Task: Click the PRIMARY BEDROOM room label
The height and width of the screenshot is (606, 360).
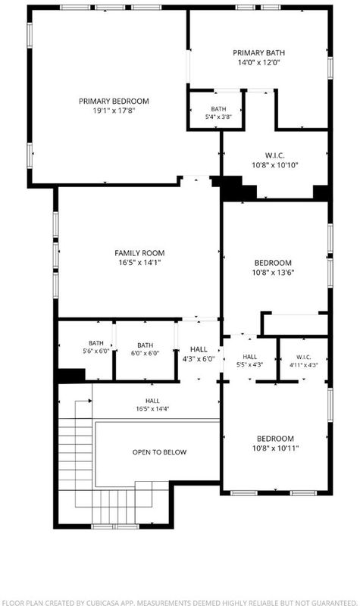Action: [x=114, y=102]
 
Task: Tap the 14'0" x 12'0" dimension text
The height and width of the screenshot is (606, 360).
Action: [x=258, y=62]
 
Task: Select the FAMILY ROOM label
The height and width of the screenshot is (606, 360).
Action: [x=139, y=253]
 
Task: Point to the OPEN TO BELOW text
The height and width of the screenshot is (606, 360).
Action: [x=159, y=452]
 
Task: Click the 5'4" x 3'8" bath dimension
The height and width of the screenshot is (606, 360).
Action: [x=218, y=117]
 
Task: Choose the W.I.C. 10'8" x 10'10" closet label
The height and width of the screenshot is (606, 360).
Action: [x=275, y=161]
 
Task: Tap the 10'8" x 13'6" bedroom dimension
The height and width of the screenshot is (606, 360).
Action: [x=273, y=273]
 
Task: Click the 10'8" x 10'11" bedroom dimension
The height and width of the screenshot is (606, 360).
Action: [x=275, y=448]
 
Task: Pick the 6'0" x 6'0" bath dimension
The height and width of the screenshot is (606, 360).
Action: [x=145, y=353]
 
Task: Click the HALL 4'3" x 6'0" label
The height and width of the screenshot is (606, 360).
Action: [x=199, y=354]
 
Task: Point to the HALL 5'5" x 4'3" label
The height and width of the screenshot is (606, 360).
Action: [x=250, y=361]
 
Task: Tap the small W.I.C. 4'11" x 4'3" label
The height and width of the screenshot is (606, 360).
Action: [x=304, y=361]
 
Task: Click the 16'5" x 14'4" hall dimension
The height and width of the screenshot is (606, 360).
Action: [x=152, y=409]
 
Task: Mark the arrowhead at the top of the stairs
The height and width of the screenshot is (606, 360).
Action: [x=89, y=401]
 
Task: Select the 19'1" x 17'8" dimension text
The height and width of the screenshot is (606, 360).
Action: [x=114, y=111]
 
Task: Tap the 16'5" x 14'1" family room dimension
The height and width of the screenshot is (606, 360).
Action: [x=139, y=263]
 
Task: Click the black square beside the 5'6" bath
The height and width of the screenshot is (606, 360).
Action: [x=71, y=375]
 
